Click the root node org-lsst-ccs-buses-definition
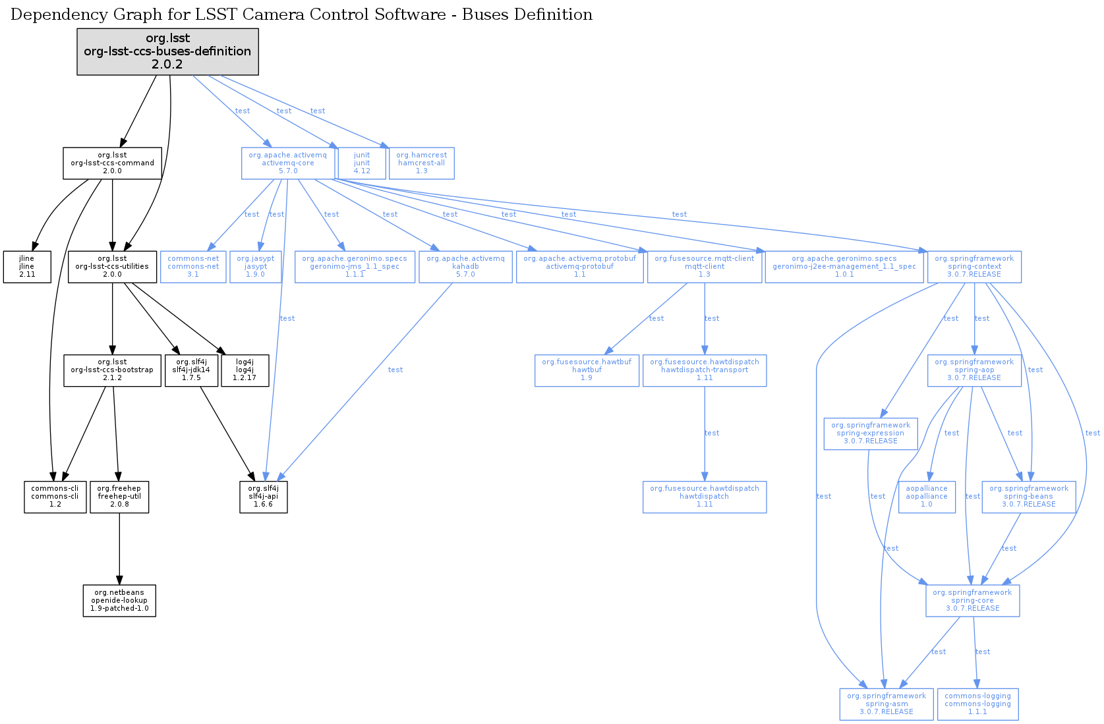(167, 51)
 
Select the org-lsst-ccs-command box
(112, 163)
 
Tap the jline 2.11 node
(27, 267)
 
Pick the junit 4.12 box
(362, 163)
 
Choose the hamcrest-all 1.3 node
(422, 163)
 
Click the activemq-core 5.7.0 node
(288, 163)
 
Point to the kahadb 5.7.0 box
(465, 267)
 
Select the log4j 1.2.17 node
(245, 370)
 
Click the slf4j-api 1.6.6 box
(263, 497)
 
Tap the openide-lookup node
(119, 601)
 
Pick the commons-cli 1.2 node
(55, 497)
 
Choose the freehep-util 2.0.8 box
(119, 497)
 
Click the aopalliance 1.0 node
(927, 497)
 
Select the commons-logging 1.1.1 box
(977, 704)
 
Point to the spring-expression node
(871, 433)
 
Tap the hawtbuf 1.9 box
(587, 370)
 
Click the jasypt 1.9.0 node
(256, 267)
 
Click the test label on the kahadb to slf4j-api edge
(395, 370)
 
